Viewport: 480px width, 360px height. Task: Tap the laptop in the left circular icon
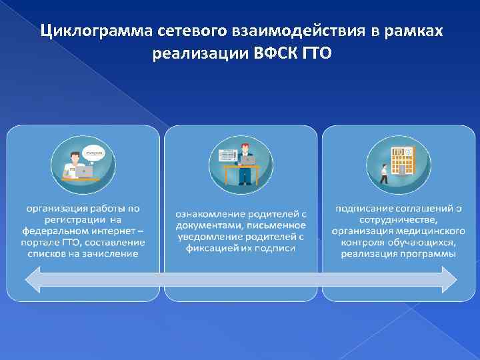[x=85, y=171]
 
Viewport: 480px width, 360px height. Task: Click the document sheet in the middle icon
[x=227, y=155]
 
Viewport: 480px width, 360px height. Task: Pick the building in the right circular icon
[x=401, y=160]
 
